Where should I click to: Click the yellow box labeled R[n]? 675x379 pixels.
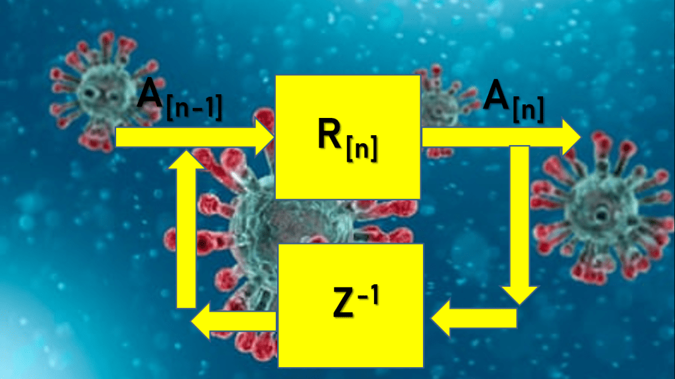[348, 137]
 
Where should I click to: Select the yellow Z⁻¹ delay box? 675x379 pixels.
[351, 305]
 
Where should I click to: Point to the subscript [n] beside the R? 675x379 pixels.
[362, 148]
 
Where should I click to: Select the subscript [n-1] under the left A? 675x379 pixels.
[195, 107]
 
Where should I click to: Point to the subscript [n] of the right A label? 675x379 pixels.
[529, 109]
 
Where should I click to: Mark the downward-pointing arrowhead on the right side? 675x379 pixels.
[519, 295]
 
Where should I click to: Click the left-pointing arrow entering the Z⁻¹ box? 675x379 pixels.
[474, 318]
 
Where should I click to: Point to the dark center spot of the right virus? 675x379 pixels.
[599, 213]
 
